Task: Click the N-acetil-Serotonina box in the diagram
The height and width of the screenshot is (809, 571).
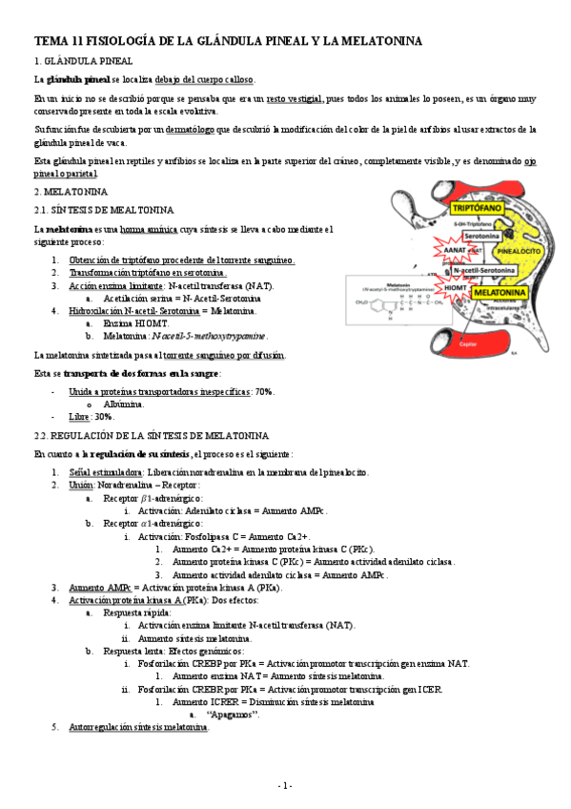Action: point(495,270)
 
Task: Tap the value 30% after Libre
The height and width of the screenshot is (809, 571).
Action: point(104,417)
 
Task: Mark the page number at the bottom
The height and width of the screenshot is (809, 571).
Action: point(285,784)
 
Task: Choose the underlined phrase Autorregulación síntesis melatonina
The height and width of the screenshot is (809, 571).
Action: point(138,727)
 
